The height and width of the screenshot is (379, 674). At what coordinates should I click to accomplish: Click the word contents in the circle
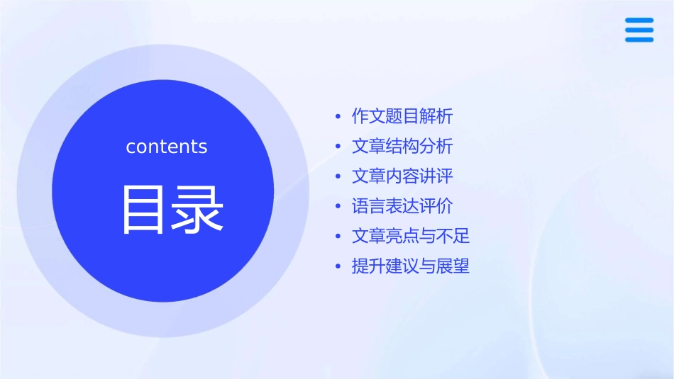coord(167,147)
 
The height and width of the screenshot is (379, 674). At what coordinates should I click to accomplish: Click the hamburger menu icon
coord(639,30)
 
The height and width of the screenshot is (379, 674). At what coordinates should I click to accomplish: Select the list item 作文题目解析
coord(402,116)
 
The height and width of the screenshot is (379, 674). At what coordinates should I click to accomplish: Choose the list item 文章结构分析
coord(402,146)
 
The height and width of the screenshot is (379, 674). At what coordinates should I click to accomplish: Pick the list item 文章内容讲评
coord(402,176)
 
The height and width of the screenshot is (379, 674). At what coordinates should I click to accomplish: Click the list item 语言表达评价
coord(402,206)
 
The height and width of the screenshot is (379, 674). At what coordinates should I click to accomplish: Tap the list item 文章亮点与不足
coord(411,236)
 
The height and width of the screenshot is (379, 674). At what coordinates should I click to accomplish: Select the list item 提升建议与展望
coord(411,266)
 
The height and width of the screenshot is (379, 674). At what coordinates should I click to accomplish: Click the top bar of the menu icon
coord(639,20)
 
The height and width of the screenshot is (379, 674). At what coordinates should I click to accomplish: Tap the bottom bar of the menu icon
coord(639,40)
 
